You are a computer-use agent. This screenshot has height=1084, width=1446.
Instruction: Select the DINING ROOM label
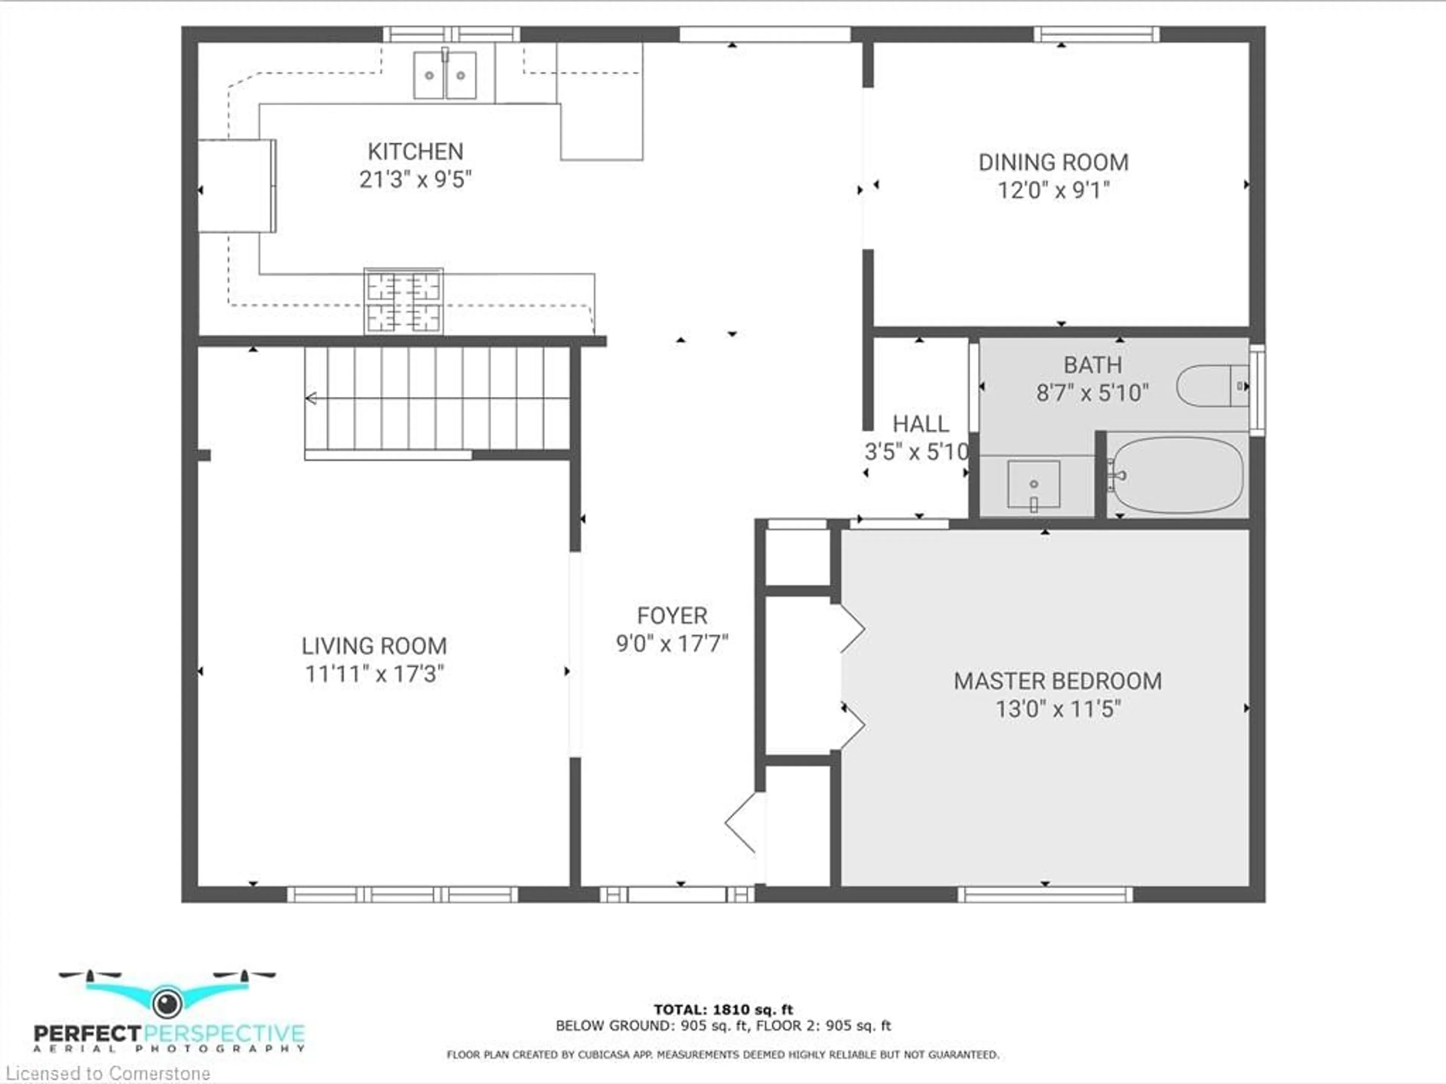(1053, 163)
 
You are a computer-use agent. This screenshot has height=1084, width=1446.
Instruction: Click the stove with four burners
(403, 301)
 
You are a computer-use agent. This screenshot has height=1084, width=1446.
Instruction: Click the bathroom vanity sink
(1034, 485)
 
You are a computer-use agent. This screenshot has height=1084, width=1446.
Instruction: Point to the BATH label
(1092, 365)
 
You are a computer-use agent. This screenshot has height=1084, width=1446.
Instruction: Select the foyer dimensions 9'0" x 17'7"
(672, 644)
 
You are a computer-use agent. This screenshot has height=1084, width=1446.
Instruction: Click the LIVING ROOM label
(374, 646)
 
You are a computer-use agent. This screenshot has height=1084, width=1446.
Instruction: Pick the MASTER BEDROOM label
(1058, 681)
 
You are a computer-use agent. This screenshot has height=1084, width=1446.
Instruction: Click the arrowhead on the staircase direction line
(311, 398)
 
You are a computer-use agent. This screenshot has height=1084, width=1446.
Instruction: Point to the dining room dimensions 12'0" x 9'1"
(1053, 190)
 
